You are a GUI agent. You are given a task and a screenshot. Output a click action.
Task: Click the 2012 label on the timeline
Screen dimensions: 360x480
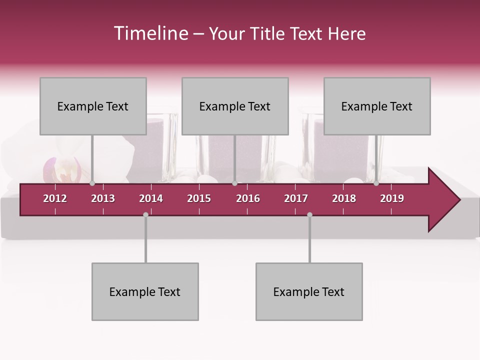click(x=55, y=198)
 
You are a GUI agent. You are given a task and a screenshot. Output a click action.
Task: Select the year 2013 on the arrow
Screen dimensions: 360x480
click(x=103, y=198)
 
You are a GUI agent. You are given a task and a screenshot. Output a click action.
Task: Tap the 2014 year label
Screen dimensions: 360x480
click(x=151, y=198)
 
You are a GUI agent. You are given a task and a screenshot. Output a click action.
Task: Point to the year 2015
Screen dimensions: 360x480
click(x=199, y=198)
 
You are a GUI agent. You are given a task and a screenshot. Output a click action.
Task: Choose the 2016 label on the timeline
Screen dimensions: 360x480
click(x=248, y=198)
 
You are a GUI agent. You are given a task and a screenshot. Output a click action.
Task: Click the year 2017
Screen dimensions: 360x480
click(x=296, y=198)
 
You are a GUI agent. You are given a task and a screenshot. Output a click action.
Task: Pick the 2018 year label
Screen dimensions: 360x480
click(x=344, y=198)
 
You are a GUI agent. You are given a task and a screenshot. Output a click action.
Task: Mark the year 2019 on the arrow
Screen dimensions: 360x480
click(x=392, y=198)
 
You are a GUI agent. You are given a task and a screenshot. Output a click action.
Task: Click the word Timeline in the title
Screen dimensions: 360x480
click(x=150, y=33)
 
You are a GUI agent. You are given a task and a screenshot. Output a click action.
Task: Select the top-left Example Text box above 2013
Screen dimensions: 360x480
click(x=93, y=106)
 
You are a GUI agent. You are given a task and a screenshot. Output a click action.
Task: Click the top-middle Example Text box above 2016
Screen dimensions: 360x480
click(x=235, y=106)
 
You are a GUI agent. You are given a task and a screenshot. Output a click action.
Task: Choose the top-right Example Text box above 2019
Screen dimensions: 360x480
click(x=377, y=106)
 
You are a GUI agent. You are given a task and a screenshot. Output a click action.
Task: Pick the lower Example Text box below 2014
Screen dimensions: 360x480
click(x=145, y=291)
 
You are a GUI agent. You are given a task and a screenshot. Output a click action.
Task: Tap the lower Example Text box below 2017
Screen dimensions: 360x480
click(x=309, y=291)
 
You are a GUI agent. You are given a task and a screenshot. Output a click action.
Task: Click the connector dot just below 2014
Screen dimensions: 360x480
click(x=145, y=214)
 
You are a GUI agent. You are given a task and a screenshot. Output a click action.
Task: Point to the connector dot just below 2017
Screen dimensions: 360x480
click(x=309, y=214)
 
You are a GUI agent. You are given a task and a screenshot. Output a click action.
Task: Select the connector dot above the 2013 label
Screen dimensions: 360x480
click(x=92, y=183)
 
